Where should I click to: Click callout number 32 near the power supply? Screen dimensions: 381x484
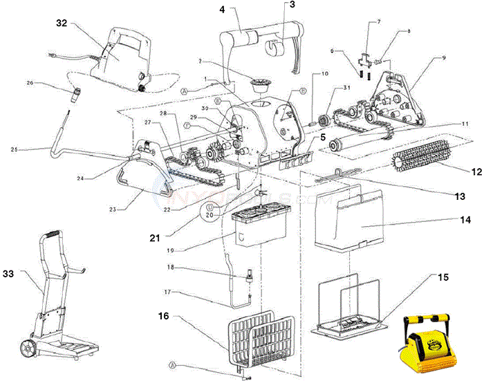point(61,23)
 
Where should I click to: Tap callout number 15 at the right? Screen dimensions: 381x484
point(443,277)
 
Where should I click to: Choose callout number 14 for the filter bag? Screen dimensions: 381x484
point(467,219)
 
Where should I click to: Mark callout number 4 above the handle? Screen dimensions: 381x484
point(223,10)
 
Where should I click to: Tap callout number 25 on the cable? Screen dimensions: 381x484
point(14,148)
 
